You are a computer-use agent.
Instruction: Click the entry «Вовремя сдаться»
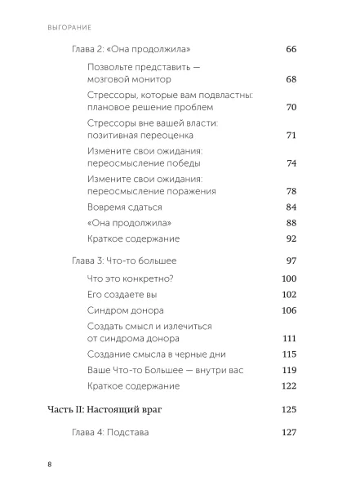[x=124, y=207]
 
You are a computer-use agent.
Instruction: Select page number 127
[x=288, y=432]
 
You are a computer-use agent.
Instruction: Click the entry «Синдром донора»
[x=125, y=310]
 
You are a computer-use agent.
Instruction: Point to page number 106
[x=288, y=310]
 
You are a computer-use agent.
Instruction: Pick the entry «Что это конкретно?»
[x=131, y=279]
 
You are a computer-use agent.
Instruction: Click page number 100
[x=288, y=279]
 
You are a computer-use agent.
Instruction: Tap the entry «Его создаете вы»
[x=121, y=295]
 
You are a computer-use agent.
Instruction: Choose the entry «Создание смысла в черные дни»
[x=155, y=354]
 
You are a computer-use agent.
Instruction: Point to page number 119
[x=288, y=370]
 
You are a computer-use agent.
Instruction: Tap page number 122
[x=288, y=385]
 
